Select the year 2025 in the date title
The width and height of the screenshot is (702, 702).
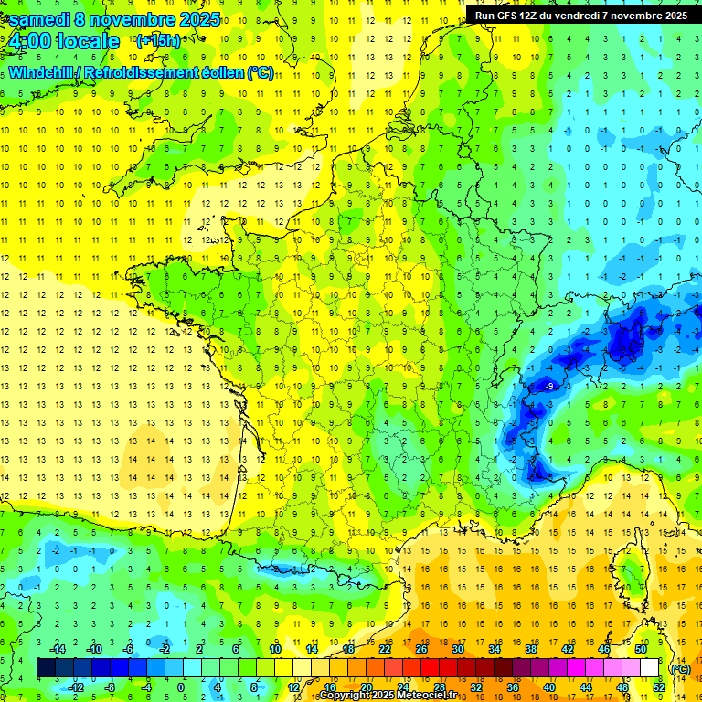click(195, 18)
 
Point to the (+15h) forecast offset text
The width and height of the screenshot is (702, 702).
click(158, 40)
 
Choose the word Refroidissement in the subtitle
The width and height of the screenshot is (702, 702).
click(148, 73)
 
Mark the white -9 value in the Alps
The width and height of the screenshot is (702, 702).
click(548, 387)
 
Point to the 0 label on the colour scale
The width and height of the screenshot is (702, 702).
click(180, 686)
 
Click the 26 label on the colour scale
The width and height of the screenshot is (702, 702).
click(421, 648)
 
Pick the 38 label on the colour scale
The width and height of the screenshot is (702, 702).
click(530, 648)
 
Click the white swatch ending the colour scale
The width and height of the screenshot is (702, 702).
click(650, 668)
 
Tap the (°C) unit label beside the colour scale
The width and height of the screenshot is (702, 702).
click(680, 668)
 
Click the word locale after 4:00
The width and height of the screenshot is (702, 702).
click(87, 41)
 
